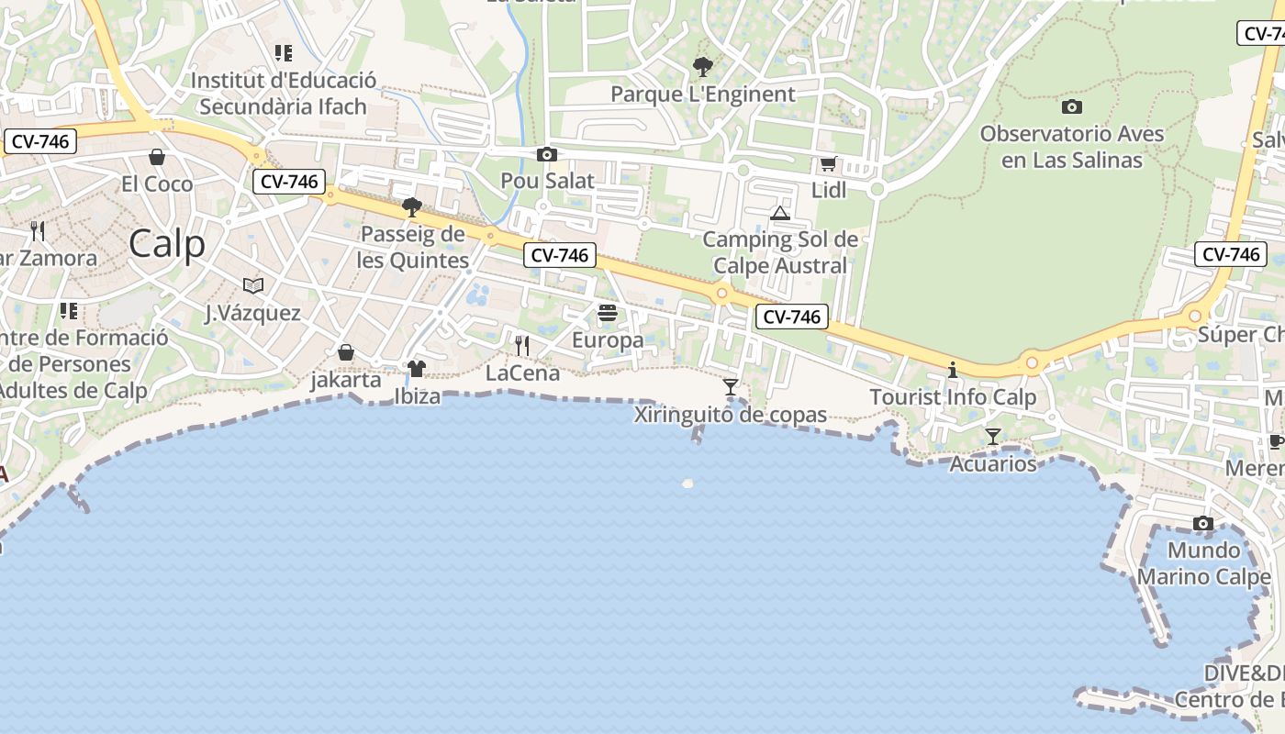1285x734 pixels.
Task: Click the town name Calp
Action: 167,244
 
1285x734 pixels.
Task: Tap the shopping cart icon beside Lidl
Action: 828,164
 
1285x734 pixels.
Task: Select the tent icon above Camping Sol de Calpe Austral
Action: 780,214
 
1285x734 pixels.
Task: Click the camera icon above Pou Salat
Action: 547,154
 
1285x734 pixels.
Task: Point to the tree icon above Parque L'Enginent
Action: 703,67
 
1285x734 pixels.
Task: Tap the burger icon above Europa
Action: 607,314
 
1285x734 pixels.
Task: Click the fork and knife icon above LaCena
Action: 521,345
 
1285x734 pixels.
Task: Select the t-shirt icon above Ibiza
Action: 417,369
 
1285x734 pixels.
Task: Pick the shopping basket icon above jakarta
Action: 346,352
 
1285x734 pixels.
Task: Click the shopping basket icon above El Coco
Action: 157,157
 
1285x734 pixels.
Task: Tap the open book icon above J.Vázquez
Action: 252,286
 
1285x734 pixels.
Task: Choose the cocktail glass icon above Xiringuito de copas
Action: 731,387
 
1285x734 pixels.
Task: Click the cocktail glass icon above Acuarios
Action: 992,436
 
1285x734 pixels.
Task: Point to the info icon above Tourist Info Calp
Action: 953,371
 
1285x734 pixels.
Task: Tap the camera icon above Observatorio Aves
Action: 1071,107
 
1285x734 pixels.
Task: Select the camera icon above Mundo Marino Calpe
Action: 1202,524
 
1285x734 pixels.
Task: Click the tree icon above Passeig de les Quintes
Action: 412,207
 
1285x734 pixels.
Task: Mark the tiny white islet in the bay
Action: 687,483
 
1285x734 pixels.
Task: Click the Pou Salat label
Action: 547,181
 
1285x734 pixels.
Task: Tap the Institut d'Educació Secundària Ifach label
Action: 283,93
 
